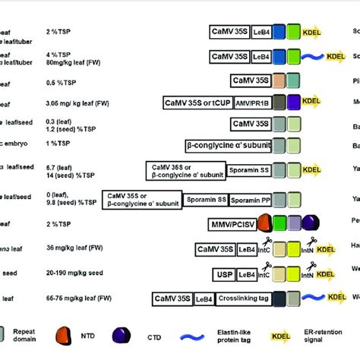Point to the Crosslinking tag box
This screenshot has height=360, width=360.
click(243, 298)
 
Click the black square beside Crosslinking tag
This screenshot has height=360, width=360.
click(280, 298)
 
